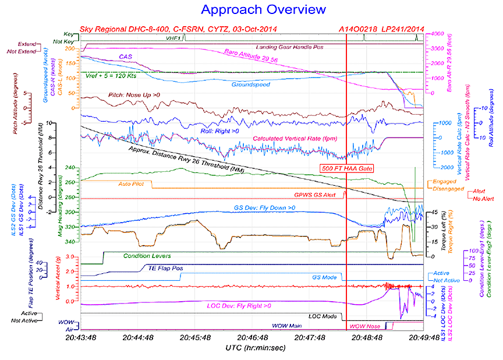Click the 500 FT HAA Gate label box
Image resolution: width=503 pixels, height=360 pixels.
[346, 168]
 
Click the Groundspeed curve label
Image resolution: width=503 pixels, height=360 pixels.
[251, 85]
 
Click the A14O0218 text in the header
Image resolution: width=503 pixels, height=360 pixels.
[359, 29]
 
